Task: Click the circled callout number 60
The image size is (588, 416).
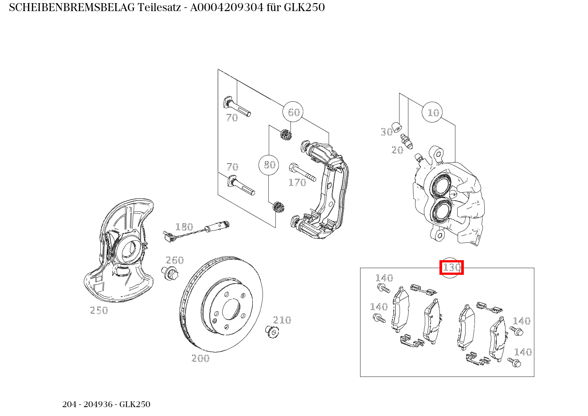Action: point(293,112)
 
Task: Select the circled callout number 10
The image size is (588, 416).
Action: point(432,113)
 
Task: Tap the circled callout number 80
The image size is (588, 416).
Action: point(269,165)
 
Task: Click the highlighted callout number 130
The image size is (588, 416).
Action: point(451,268)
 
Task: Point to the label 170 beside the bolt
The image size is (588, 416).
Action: point(297,183)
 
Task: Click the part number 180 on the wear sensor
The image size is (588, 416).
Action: point(184,227)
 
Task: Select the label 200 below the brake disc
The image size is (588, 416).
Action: point(200,358)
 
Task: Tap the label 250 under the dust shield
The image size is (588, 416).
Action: point(99,310)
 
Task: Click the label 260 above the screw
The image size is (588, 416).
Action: point(174,260)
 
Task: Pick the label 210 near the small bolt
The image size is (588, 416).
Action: point(282,320)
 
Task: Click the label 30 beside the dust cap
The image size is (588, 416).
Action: point(386,132)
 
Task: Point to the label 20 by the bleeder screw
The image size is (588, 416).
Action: point(397,151)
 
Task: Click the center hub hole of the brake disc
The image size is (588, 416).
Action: point(231,309)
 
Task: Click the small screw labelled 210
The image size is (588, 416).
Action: point(271,331)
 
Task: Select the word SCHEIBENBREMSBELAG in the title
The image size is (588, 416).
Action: point(72,8)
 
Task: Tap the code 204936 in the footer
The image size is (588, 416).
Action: point(100,404)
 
